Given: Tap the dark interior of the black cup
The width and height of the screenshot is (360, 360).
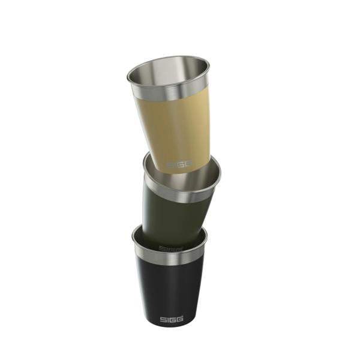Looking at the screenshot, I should coord(144,237).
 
